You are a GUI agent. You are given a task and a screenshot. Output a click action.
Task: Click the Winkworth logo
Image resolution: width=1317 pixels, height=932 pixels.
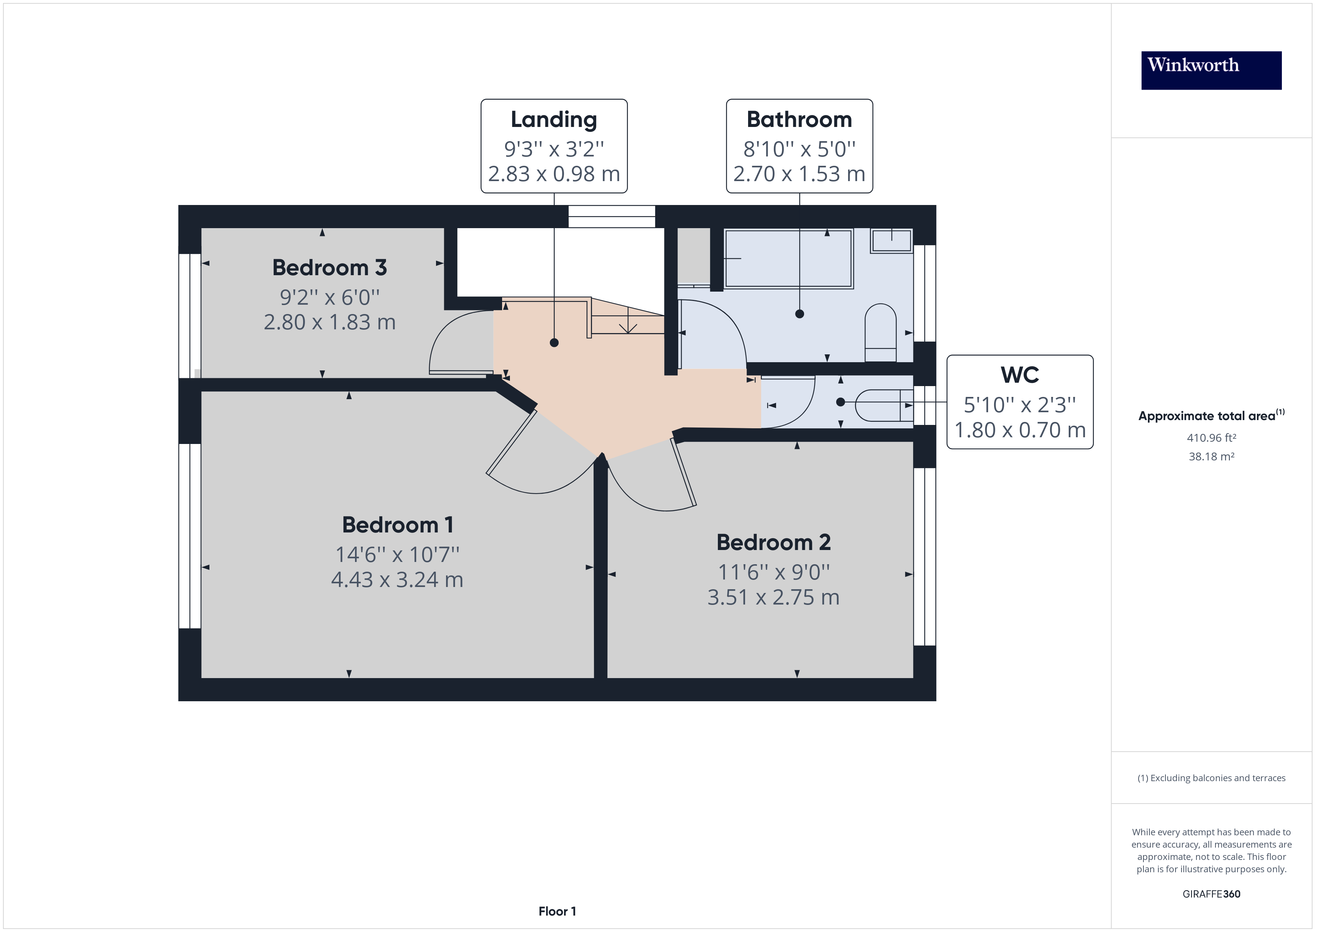[1211, 70]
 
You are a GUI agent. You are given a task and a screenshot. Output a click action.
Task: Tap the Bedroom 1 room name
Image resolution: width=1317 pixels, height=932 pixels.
[398, 525]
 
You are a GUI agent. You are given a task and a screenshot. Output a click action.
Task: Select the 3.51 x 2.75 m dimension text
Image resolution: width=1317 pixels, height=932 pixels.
[773, 597]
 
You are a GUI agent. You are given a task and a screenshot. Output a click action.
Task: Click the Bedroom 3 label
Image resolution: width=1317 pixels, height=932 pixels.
[329, 267]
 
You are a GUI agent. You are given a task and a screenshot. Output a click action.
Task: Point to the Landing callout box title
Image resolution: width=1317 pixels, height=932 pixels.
[554, 119]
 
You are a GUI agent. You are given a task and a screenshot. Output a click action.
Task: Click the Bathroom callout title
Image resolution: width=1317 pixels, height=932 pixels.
[799, 119]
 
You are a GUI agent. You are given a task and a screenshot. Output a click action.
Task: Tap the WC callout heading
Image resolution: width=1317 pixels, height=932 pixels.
[1019, 375]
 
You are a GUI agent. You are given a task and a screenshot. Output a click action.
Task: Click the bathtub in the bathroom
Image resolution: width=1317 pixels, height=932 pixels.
[789, 258]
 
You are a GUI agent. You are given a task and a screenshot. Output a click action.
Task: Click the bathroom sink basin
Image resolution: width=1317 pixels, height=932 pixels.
[891, 240]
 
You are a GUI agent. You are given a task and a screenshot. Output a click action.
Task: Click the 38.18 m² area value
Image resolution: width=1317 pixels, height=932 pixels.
[1211, 457]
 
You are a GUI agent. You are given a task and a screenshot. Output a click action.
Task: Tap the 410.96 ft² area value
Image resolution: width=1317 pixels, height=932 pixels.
[1211, 438]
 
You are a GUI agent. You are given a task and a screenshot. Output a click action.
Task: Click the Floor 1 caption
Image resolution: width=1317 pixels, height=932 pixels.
[557, 911]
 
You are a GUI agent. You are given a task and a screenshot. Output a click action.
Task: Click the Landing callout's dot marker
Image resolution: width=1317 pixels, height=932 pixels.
[554, 343]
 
